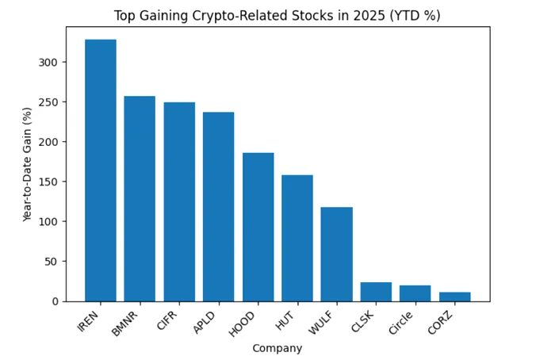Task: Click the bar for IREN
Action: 101,170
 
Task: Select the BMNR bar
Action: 140,199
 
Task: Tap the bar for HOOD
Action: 258,227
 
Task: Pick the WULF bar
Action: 336,254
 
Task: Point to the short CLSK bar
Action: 376,292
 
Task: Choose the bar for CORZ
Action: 454,297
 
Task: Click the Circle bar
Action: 415,293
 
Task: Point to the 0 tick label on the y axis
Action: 54,301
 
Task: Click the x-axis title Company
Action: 277,348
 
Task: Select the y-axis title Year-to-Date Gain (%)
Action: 27,164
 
